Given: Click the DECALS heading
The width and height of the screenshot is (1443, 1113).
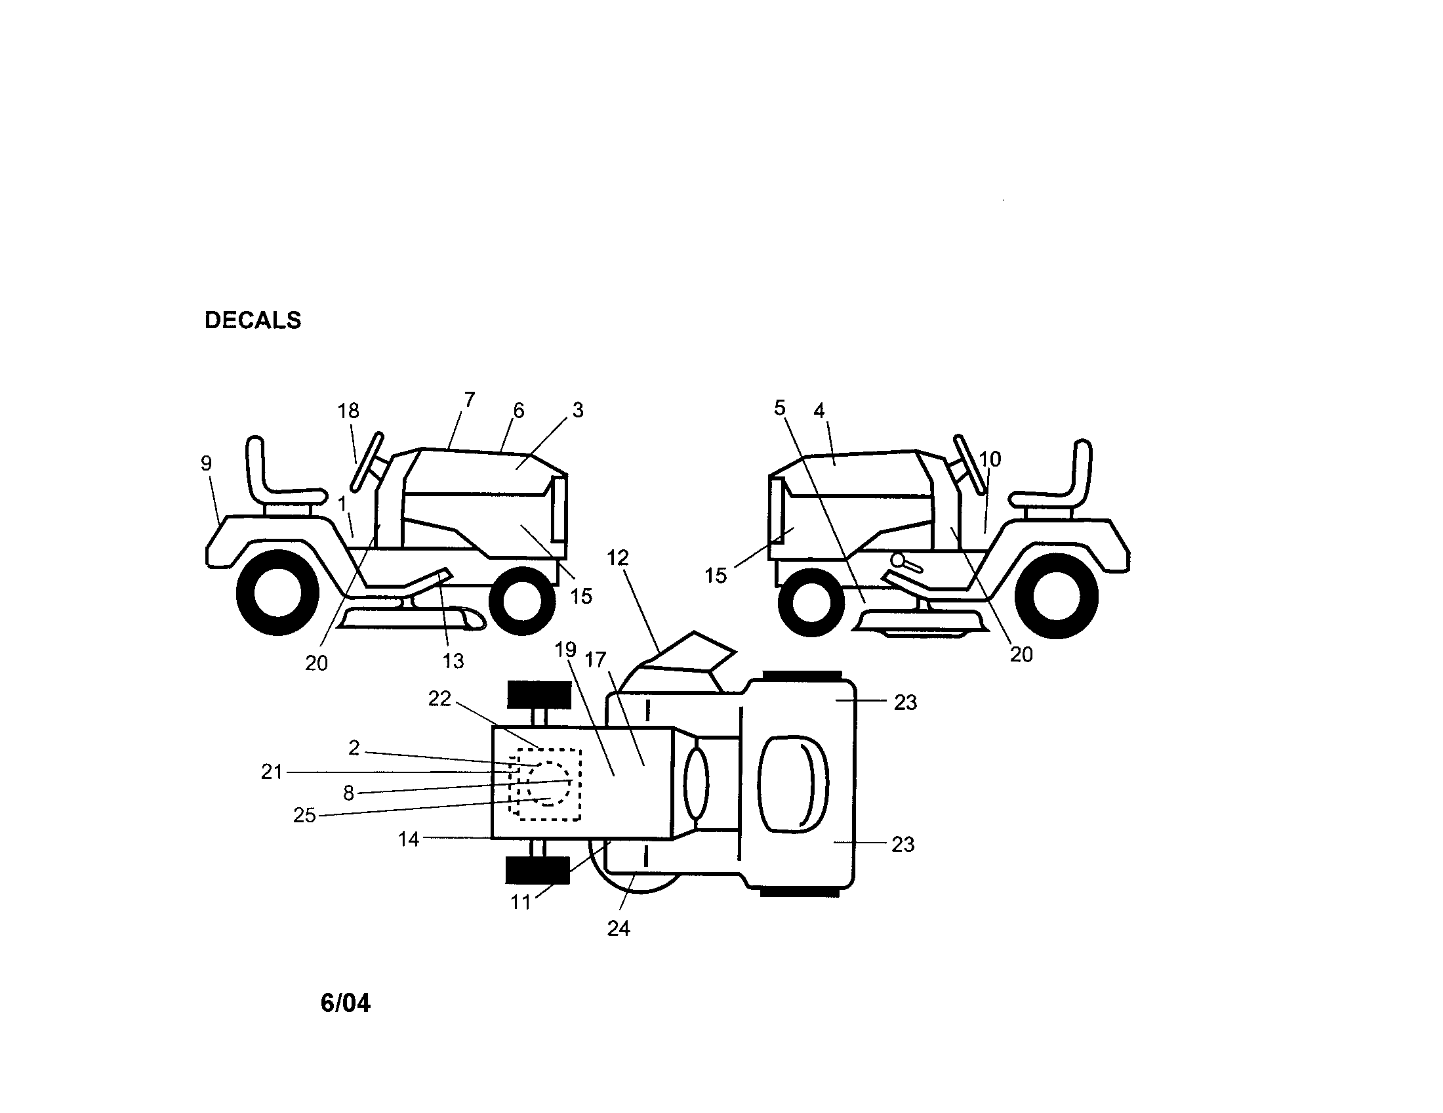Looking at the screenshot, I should pyautogui.click(x=253, y=320).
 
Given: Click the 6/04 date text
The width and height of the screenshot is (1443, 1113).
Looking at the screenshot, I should pyautogui.click(x=345, y=1003).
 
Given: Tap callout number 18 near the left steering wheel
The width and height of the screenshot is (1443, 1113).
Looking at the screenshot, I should pyautogui.click(x=348, y=411).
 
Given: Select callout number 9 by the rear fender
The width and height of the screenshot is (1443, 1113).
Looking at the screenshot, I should pyautogui.click(x=206, y=463).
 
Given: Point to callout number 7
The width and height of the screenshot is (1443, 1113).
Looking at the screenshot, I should pyautogui.click(x=469, y=399).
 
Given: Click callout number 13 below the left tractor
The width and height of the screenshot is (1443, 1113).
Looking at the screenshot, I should pyautogui.click(x=453, y=660).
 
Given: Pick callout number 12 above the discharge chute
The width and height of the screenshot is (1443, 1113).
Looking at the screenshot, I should pyautogui.click(x=618, y=558).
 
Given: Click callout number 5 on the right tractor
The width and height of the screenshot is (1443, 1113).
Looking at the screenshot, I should pyautogui.click(x=780, y=408).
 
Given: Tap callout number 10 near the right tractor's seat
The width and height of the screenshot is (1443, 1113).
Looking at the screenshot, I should pyautogui.click(x=990, y=459).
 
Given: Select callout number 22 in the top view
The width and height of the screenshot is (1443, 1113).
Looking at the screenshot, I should pyautogui.click(x=439, y=698).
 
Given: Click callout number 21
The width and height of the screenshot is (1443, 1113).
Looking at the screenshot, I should pyautogui.click(x=272, y=771).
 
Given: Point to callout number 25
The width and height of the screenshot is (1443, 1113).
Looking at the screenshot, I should pyautogui.click(x=304, y=815).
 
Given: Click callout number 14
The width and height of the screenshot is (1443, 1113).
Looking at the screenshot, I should pyautogui.click(x=409, y=839).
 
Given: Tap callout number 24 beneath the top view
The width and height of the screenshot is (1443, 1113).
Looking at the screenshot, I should pyautogui.click(x=619, y=929).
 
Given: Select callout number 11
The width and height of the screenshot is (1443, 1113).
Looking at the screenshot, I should pyautogui.click(x=521, y=902).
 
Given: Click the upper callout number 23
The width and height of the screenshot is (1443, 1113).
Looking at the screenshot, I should pyautogui.click(x=905, y=702).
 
